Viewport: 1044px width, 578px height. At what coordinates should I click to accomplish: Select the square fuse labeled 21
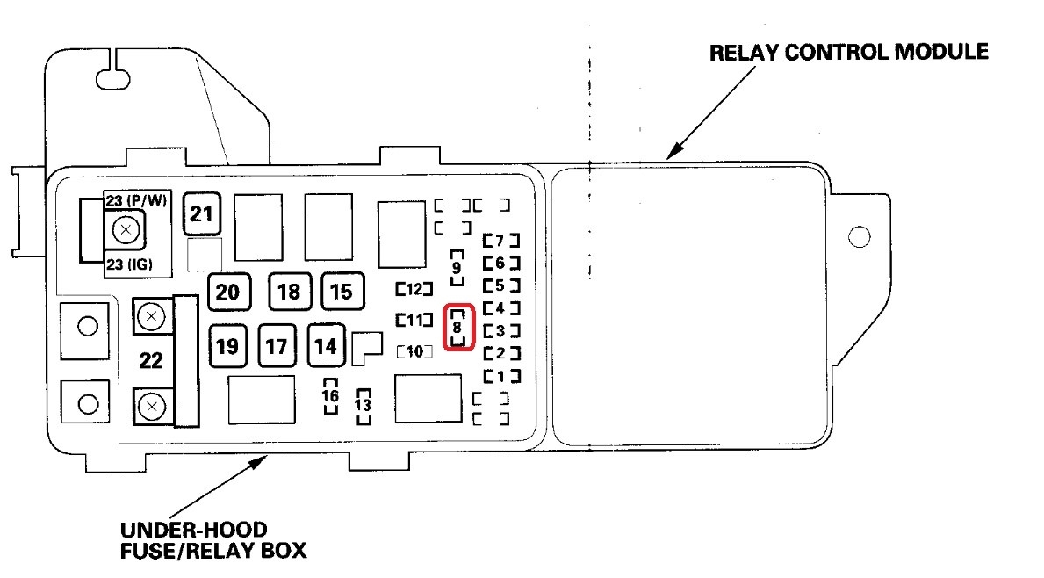(x=202, y=213)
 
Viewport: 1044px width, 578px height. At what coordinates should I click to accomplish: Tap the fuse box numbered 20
(x=228, y=292)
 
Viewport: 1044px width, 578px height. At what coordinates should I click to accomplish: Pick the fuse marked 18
(x=289, y=292)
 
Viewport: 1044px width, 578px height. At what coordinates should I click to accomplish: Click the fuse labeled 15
(x=342, y=292)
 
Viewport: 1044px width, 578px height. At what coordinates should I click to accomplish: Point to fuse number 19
(x=227, y=345)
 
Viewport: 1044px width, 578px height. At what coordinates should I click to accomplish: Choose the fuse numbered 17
(x=277, y=345)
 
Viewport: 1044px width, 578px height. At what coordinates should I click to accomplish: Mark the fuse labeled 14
(x=326, y=345)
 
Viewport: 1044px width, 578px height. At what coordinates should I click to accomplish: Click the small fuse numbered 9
(x=457, y=267)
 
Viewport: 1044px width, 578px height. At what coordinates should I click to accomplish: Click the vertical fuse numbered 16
(x=330, y=396)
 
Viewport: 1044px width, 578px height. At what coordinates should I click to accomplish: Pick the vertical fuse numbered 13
(x=363, y=406)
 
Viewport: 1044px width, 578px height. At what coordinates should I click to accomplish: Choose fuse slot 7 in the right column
(x=500, y=240)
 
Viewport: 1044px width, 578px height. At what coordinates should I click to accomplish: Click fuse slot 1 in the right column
(x=500, y=376)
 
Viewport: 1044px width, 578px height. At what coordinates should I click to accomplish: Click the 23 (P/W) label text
(x=136, y=199)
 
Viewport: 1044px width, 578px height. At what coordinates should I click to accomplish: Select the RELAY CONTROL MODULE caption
(x=848, y=52)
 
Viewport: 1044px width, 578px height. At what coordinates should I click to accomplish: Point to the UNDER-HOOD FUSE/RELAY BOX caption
(x=213, y=540)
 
